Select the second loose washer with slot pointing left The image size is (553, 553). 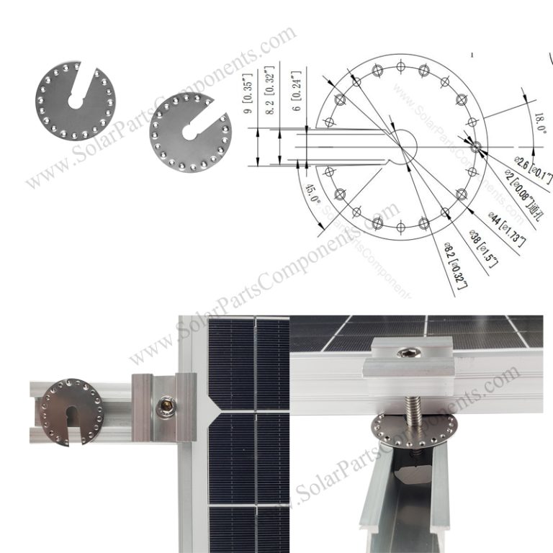[191, 132]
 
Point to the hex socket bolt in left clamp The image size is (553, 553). [163, 408]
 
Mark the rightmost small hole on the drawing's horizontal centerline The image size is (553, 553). [475, 146]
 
